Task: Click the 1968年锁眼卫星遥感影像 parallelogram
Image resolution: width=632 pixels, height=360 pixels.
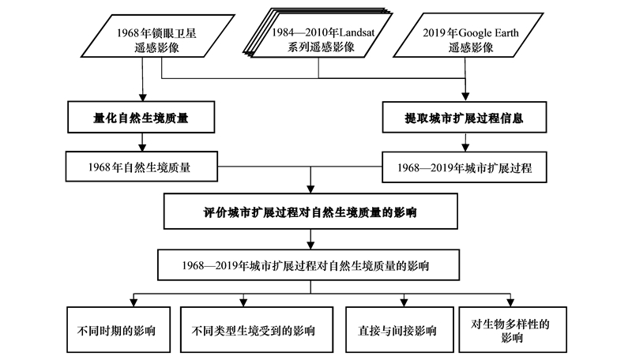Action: click(x=157, y=36)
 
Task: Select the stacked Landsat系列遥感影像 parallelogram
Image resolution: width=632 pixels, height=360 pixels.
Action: click(x=318, y=33)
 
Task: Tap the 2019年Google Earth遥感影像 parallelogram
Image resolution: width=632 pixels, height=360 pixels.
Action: click(x=468, y=36)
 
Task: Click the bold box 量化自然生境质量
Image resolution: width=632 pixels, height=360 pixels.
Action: click(x=141, y=117)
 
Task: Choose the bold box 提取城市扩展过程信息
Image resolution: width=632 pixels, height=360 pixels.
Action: click(x=465, y=117)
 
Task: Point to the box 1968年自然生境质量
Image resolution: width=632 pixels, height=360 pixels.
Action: click(x=141, y=167)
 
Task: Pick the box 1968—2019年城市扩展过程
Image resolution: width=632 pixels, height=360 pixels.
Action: click(x=465, y=167)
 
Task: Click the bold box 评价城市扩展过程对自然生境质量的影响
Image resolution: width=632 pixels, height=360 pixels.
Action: click(x=310, y=212)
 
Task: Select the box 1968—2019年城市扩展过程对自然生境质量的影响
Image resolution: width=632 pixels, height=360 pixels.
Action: click(x=308, y=265)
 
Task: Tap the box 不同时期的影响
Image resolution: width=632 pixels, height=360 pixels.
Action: click(x=118, y=330)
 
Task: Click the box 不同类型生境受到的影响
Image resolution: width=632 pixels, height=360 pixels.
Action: click(x=257, y=330)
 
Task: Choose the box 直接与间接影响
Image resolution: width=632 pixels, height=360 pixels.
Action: click(x=400, y=330)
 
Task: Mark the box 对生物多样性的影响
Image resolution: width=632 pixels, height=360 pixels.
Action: click(x=513, y=330)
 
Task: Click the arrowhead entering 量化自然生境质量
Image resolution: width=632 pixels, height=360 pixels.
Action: click(x=142, y=97)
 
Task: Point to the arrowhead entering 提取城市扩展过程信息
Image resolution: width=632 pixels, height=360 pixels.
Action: click(x=465, y=97)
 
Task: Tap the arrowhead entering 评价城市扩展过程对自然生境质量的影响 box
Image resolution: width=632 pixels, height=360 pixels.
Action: click(x=310, y=189)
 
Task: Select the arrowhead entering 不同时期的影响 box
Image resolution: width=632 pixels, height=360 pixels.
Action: click(x=134, y=303)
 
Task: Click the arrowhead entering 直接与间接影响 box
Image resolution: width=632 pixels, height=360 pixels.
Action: click(x=404, y=303)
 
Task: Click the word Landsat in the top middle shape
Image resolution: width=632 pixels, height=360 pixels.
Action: click(x=357, y=32)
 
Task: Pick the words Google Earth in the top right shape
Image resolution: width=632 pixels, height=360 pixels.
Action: click(x=488, y=33)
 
